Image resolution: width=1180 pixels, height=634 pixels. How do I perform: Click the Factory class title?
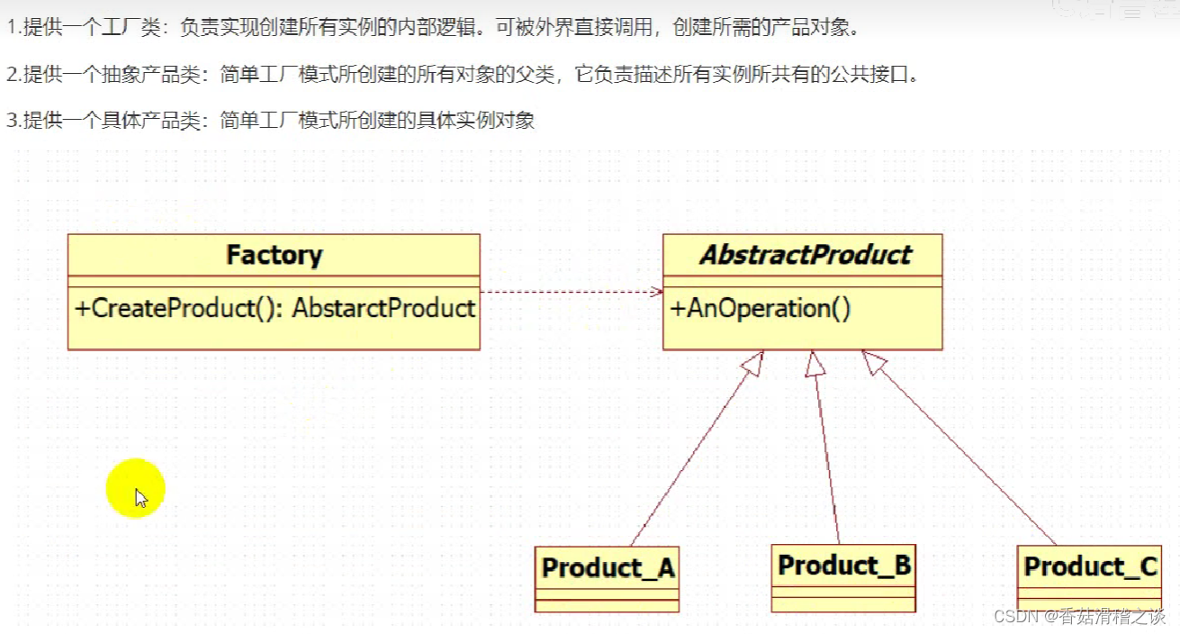pos(274,256)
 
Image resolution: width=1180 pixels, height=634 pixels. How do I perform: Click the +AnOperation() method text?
pos(761,309)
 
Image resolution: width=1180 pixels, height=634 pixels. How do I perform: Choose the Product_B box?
pos(843,576)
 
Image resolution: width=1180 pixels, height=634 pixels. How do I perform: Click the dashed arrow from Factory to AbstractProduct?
pos(571,292)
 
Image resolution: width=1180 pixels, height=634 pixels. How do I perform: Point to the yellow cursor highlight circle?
pos(135,489)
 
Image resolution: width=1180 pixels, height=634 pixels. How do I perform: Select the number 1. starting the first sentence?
pos(13,27)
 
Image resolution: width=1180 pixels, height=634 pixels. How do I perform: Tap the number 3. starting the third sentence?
pos(13,121)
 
